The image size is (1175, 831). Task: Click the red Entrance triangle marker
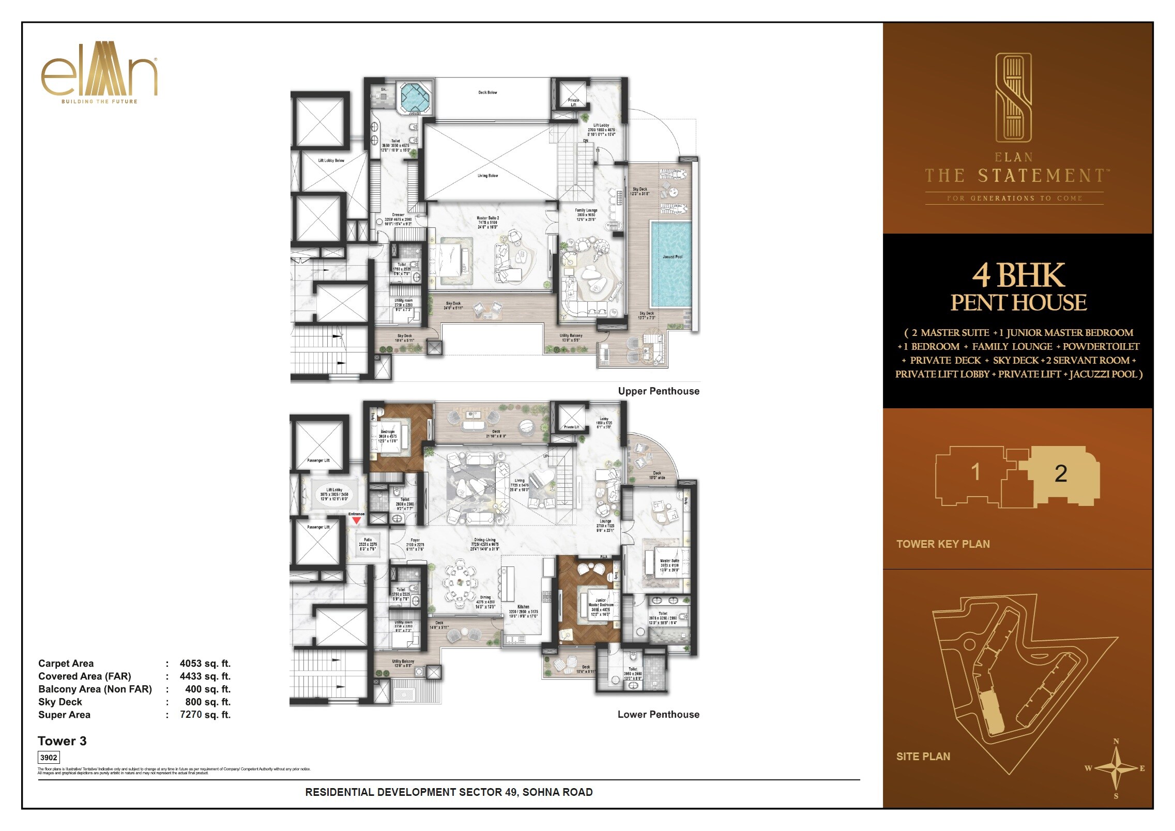(356, 521)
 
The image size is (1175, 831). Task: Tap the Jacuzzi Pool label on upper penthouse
(672, 257)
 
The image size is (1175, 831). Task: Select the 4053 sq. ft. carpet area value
(205, 664)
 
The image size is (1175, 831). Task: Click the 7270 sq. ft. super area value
(205, 715)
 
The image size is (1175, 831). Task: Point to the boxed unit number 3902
(49, 758)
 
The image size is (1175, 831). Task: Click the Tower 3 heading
(62, 741)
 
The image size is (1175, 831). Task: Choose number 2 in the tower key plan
(1060, 473)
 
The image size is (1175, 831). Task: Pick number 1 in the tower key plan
(975, 471)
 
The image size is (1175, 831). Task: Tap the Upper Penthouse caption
(658, 391)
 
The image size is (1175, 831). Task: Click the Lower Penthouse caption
(658, 715)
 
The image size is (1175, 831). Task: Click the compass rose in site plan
(1116, 768)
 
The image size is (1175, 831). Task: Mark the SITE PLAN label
(923, 757)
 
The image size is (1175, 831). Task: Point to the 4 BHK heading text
(1018, 275)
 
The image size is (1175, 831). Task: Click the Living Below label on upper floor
(487, 176)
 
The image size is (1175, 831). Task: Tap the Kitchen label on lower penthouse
(523, 607)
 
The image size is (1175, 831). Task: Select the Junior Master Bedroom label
(601, 603)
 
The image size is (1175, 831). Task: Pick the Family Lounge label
(586, 210)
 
